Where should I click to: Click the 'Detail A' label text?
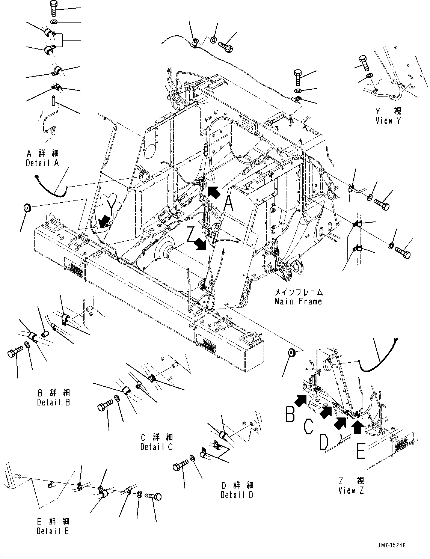pos(42,163)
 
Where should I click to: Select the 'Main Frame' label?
pos(298,301)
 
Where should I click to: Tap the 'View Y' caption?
pos(388,121)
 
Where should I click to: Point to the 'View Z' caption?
pos(351,490)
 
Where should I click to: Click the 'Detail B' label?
pos(54,402)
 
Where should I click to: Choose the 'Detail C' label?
pos(157,447)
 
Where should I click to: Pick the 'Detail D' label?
pos(237,495)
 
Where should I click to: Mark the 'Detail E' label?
pos(53,531)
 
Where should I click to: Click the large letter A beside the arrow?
pos(229,205)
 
